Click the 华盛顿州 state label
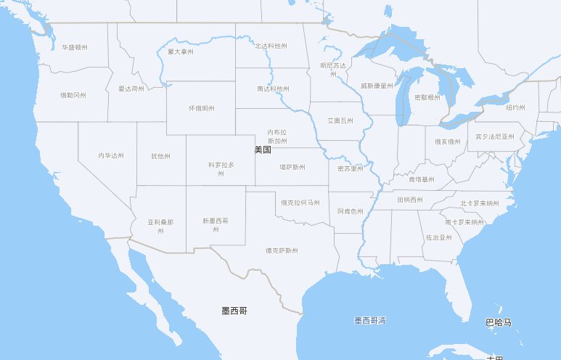(75, 47)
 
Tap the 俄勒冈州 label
(73, 95)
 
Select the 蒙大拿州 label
(181, 52)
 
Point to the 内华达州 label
(111, 155)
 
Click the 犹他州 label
(160, 156)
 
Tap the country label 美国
(263, 150)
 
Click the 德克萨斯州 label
(282, 250)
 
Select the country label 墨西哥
(234, 311)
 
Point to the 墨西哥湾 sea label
(370, 320)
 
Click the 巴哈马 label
(499, 322)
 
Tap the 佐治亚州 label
(439, 237)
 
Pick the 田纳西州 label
(410, 200)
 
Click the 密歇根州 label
(427, 97)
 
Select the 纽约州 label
(515, 107)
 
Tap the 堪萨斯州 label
(292, 167)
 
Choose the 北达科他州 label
(271, 46)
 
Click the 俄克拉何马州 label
(300, 202)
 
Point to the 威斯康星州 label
(377, 86)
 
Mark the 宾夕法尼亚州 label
(495, 136)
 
